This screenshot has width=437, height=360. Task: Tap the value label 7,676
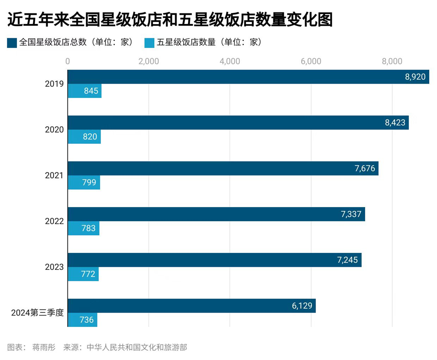pyautogui.click(x=365, y=168)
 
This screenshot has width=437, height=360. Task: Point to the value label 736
pyautogui.click(x=87, y=320)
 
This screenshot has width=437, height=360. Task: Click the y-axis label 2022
pyautogui.click(x=54, y=221)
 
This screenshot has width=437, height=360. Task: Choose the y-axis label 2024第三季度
pyautogui.click(x=37, y=313)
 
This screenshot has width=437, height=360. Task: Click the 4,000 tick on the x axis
pyautogui.click(x=230, y=61)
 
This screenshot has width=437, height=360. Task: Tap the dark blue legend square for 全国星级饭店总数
pyautogui.click(x=12, y=43)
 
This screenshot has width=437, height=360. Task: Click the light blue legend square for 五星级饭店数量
pyautogui.click(x=149, y=43)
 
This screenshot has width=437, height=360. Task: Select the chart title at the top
pyautogui.click(x=170, y=20)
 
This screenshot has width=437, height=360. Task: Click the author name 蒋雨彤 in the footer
pyautogui.click(x=44, y=347)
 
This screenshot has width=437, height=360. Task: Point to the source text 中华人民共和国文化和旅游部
pyautogui.click(x=137, y=347)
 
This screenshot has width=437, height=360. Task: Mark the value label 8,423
pyautogui.click(x=395, y=123)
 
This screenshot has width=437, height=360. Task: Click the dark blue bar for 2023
pyautogui.click(x=214, y=260)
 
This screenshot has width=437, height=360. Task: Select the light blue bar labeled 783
pyautogui.click(x=84, y=228)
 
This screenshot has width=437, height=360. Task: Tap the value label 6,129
pyautogui.click(x=302, y=306)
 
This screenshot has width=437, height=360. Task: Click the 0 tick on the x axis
pyautogui.click(x=67, y=61)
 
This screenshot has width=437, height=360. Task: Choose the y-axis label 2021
pyautogui.click(x=54, y=175)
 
